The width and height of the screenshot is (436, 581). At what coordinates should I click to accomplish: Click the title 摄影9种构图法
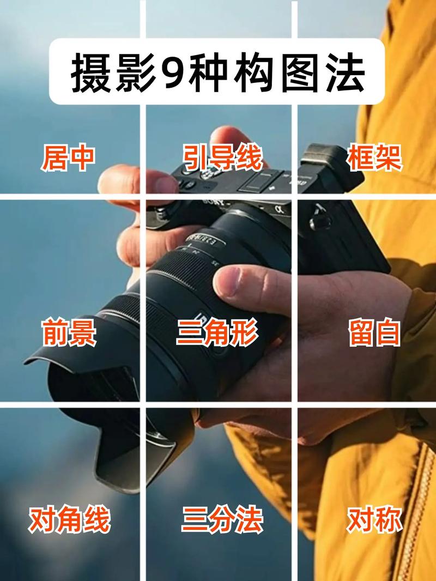217,71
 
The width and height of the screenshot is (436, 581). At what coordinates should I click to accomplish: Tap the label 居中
68,158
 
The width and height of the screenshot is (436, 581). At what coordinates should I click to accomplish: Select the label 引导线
222,158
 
